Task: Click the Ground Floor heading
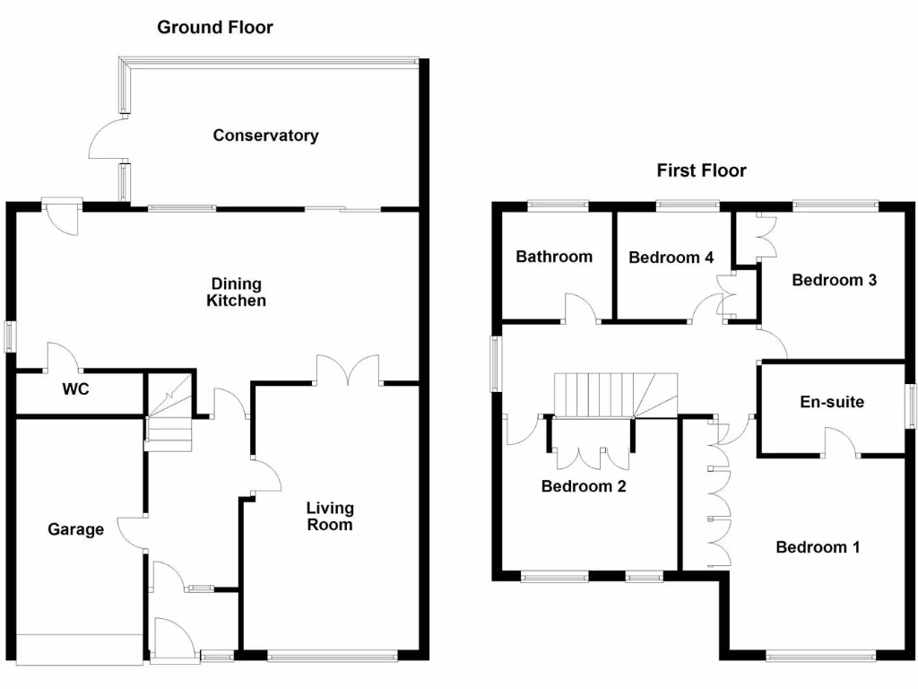click(215, 27)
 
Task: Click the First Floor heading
click(701, 170)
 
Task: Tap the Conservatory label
click(265, 135)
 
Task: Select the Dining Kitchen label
click(236, 292)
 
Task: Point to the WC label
click(75, 390)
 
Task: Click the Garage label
click(75, 529)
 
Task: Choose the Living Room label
click(330, 516)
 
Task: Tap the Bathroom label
click(554, 257)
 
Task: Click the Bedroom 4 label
click(671, 257)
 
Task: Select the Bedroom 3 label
click(834, 280)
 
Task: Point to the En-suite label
click(832, 402)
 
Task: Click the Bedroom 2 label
click(583, 487)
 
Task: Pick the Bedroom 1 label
click(818, 547)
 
